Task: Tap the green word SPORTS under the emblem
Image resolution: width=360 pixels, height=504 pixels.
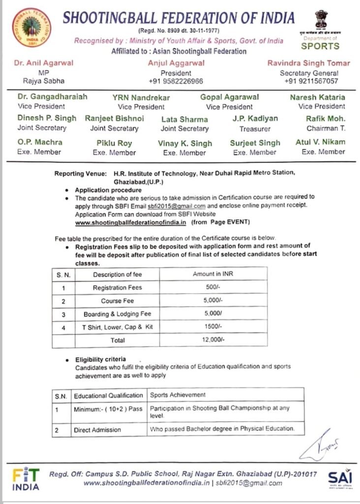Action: pos(320,46)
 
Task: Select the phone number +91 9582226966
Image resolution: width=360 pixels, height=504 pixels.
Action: pos(176,81)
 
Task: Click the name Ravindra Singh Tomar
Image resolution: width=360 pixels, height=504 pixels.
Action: pos(308,63)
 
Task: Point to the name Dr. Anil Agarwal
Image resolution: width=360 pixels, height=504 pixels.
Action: pos(44,63)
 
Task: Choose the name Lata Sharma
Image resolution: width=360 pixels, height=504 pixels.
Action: pos(184,119)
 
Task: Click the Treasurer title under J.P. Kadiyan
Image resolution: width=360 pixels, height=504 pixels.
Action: pos(255,128)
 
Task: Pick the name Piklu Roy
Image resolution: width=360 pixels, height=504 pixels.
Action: pos(114,143)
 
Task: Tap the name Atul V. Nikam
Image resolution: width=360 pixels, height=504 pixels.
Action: pos(323,142)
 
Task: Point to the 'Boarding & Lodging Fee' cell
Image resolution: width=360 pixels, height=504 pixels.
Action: pos(117,314)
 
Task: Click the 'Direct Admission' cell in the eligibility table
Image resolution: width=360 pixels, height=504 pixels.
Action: pos(97,430)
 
